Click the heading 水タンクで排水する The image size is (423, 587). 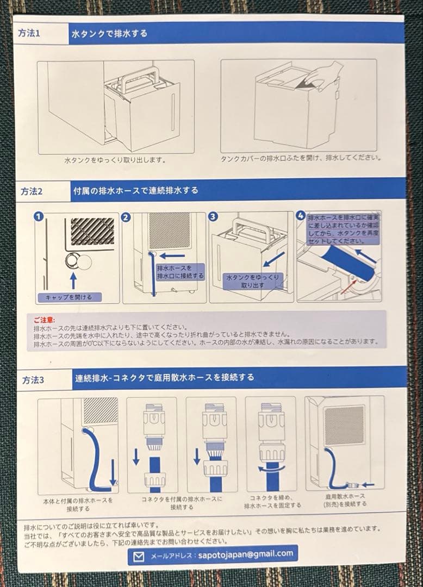tap(109, 33)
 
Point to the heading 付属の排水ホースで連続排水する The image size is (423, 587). tap(135, 191)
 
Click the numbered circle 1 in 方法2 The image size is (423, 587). tap(39, 217)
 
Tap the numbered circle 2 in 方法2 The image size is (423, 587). tap(126, 217)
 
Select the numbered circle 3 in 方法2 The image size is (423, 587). tap(213, 217)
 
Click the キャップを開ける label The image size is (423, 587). tap(69, 297)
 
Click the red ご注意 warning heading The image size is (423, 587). tap(45, 320)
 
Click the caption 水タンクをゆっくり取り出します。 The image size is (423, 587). tap(115, 160)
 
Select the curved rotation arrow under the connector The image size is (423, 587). tap(270, 468)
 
